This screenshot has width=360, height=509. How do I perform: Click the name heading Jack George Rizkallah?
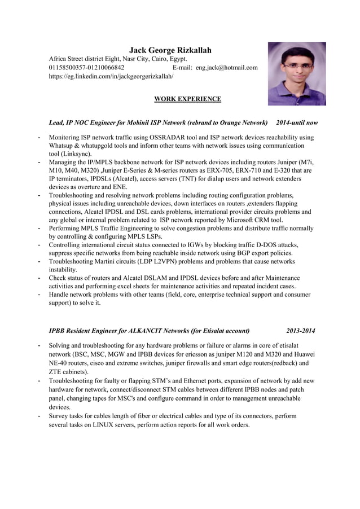click(x=170, y=50)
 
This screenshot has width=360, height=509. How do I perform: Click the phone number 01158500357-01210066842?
click(x=87, y=68)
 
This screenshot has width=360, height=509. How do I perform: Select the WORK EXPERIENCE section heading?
click(x=187, y=99)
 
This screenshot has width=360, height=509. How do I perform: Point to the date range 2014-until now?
click(x=297, y=122)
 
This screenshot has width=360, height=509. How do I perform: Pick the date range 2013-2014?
click(x=300, y=331)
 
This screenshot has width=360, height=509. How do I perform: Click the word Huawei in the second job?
click(x=300, y=354)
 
